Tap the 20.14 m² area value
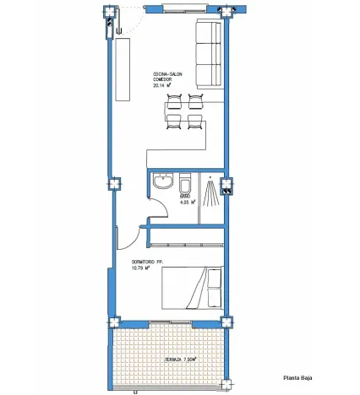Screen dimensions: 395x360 [x=162, y=85]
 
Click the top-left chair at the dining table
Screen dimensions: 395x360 [x=175, y=100]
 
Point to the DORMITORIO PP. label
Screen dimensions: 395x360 [x=147, y=263]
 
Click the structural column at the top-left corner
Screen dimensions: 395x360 [x=107, y=12]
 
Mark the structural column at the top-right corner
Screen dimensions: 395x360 [x=226, y=11]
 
